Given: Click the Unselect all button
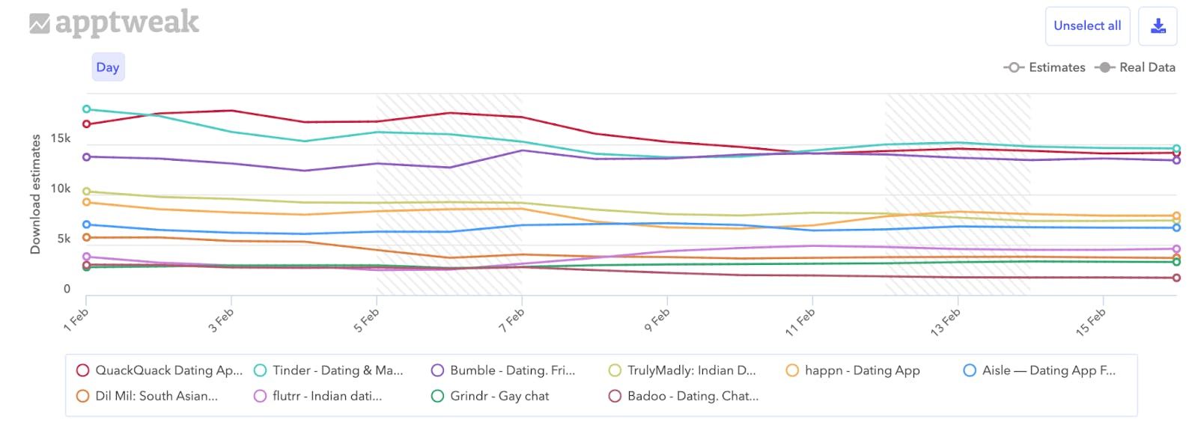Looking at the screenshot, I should click(x=1087, y=26).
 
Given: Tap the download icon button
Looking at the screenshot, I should click(x=1158, y=26).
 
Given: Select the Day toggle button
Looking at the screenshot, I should click(x=108, y=67).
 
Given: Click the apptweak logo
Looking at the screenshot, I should click(x=115, y=23).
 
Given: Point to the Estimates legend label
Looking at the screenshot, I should click(x=1056, y=67).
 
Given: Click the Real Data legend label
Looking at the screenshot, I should click(x=1146, y=67).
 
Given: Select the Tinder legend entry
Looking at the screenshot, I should click(x=337, y=370).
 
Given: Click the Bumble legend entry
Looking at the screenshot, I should click(x=512, y=370).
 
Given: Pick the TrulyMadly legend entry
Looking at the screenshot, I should click(x=690, y=370).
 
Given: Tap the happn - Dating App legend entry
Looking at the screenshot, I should click(x=862, y=370).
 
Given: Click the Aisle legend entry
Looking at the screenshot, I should click(x=1048, y=370).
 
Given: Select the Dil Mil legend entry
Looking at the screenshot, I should click(x=156, y=396).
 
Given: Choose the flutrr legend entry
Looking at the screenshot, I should click(x=326, y=396).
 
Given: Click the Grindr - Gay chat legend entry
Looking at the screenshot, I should click(x=499, y=396).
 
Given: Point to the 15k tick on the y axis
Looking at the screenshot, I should click(x=61, y=138).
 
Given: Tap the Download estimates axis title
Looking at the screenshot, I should click(x=35, y=194).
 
